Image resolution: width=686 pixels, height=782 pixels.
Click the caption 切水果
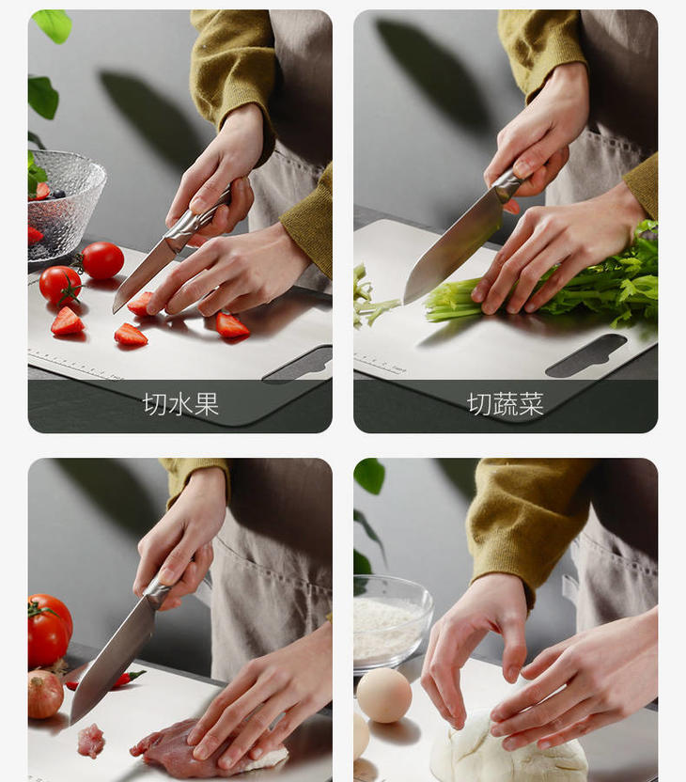180,404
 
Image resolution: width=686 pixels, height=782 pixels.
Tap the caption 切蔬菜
506,404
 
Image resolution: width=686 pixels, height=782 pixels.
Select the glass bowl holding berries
64,206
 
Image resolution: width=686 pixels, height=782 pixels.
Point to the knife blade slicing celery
451,249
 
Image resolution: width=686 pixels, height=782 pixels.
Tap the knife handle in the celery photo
508,182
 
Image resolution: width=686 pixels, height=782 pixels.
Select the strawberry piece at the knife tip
140,305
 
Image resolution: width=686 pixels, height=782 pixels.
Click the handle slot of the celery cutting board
586,355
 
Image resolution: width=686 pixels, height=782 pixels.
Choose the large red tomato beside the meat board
50,630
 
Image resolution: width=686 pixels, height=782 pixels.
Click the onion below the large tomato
45,695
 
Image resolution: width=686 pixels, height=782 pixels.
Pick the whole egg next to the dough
384,696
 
